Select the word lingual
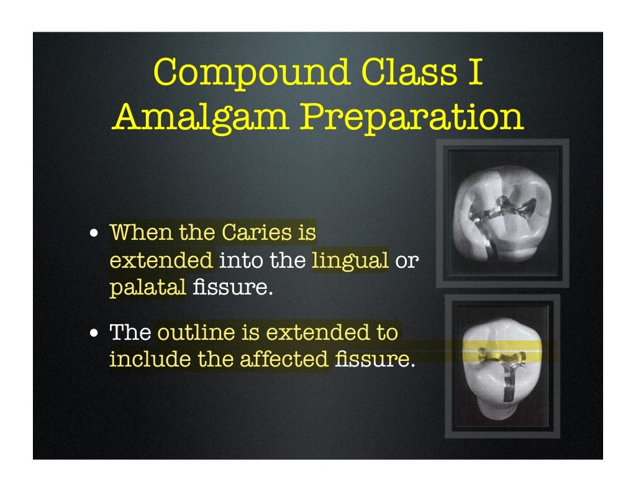pyautogui.click(x=350, y=261)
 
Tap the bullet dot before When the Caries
pyautogui.click(x=93, y=235)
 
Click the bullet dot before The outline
pyautogui.click(x=93, y=334)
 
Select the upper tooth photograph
pyautogui.click(x=502, y=213)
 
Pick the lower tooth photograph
pyautogui.click(x=502, y=366)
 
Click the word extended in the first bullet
pyautogui.click(x=161, y=261)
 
